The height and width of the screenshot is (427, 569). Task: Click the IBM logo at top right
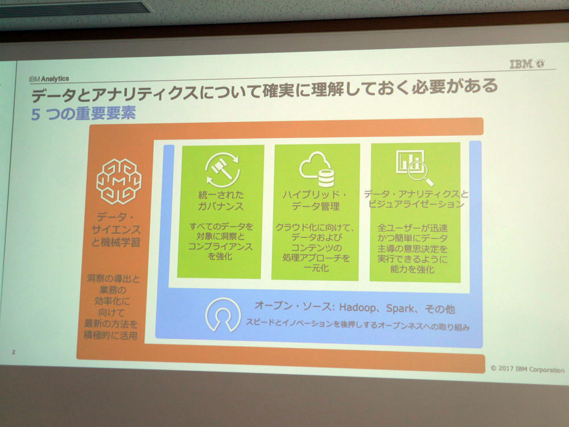point(526,64)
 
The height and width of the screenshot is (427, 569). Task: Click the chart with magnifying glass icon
point(414,167)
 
